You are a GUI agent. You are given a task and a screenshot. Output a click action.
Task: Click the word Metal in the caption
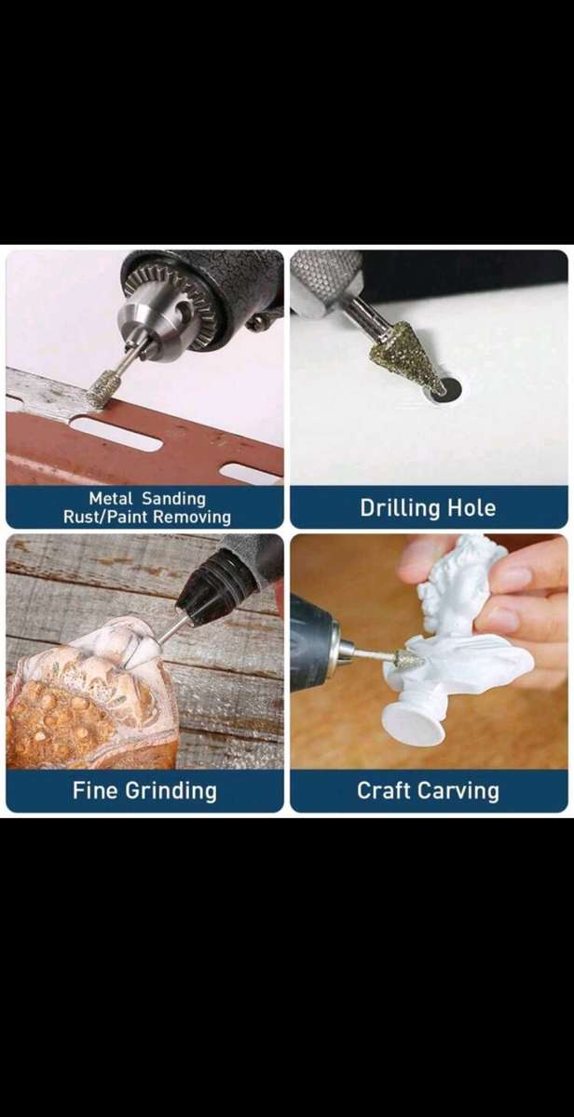[110, 498]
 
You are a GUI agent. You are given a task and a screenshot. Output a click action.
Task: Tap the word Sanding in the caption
[173, 499]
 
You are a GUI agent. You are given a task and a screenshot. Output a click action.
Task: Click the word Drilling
[400, 508]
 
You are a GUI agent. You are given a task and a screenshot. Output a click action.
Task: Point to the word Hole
[471, 507]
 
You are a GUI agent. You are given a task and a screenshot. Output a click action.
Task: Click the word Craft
[383, 790]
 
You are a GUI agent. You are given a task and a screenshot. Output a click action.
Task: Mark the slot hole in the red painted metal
[116, 435]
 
